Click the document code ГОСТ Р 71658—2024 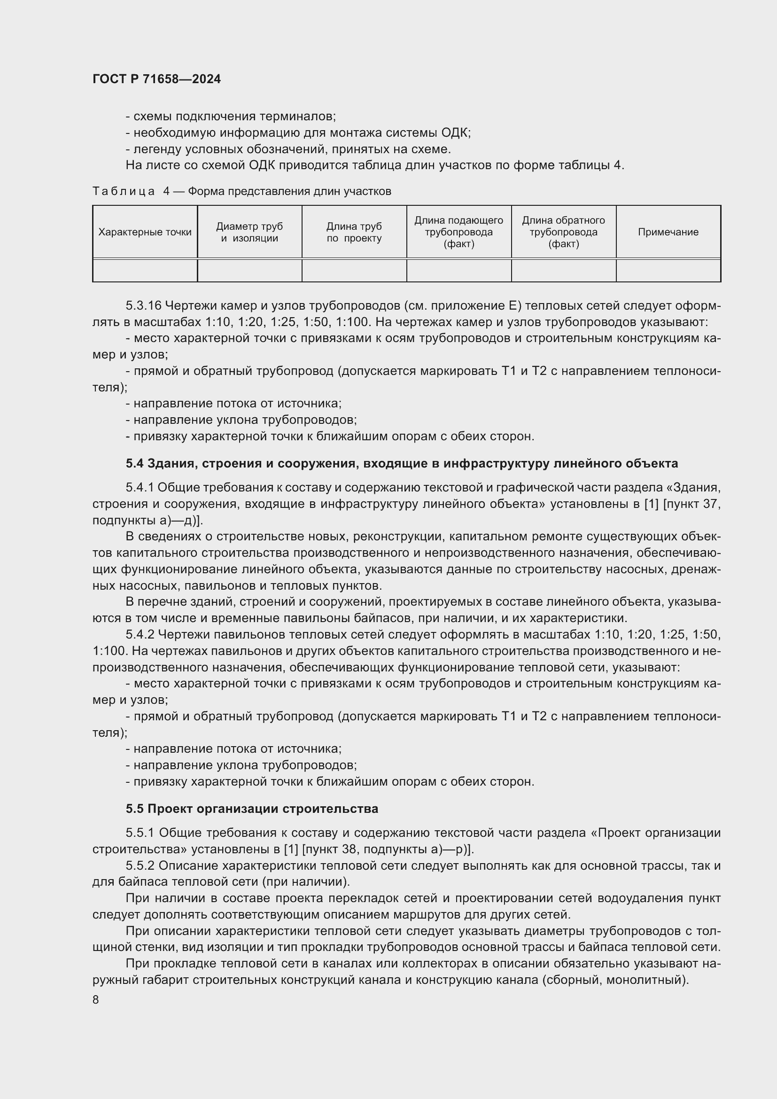click(156, 79)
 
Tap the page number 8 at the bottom click(96, 1000)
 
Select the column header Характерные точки click(145, 232)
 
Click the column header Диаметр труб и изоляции click(249, 232)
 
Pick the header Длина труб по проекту click(354, 232)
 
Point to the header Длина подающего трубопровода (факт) click(458, 232)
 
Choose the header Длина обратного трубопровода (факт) click(563, 232)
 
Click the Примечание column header click(668, 232)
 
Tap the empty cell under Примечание click(668, 271)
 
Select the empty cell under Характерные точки click(145, 271)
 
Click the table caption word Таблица click(124, 191)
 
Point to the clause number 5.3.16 click(144, 306)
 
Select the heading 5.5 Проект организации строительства click(252, 809)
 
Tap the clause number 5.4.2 click(140, 635)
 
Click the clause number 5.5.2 click(140, 866)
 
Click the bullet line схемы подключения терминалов click(231, 117)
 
